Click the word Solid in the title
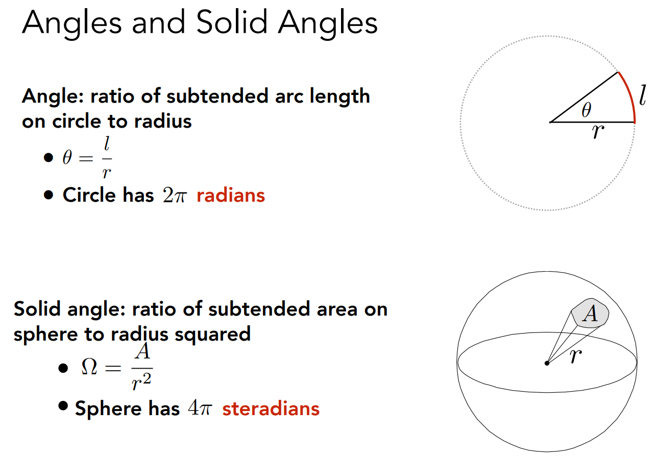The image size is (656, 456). click(x=232, y=22)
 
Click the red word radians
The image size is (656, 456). click(x=231, y=195)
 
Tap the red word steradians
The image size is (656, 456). click(x=271, y=409)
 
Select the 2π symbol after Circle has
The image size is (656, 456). click(x=175, y=195)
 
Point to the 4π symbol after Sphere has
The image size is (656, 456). click(x=200, y=408)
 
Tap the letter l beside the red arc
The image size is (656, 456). click(x=643, y=95)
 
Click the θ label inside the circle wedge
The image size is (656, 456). click(x=586, y=110)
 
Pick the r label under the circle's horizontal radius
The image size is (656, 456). click(x=598, y=132)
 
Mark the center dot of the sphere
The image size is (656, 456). click(x=547, y=363)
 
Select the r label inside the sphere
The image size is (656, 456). click(x=575, y=356)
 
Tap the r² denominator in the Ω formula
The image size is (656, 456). click(x=142, y=382)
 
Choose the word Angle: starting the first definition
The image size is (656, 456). click(x=53, y=96)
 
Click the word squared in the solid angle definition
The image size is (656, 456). click(x=212, y=334)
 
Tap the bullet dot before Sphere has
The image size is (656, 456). click(x=63, y=405)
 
